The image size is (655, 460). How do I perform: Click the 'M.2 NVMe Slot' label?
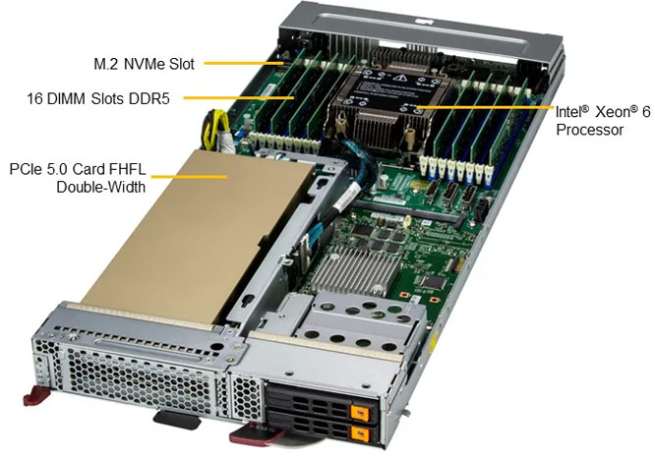(x=144, y=64)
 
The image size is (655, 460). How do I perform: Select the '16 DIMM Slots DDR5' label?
(x=98, y=99)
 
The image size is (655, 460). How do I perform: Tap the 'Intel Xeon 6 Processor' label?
(x=603, y=121)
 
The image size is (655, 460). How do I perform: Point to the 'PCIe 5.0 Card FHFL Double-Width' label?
(x=78, y=178)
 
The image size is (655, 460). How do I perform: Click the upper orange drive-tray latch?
(x=361, y=413)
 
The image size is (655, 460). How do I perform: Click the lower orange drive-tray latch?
(x=361, y=434)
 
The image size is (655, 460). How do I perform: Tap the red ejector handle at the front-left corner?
(x=36, y=396)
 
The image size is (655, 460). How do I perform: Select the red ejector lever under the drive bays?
(x=255, y=434)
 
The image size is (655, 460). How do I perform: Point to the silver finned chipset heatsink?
(x=355, y=271)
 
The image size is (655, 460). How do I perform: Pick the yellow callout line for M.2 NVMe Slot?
(x=244, y=64)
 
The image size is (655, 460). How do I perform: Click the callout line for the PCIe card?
(x=189, y=177)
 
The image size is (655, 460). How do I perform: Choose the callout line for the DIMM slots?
(x=239, y=98)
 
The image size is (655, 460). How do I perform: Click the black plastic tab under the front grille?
(x=178, y=420)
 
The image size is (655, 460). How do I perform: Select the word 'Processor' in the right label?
(x=589, y=130)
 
